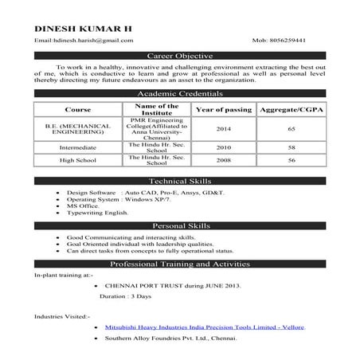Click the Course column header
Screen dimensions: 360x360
[78, 109]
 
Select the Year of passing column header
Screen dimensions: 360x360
[223, 109]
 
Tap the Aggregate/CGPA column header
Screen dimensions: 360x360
[291, 109]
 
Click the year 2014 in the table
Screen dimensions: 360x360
[223, 129]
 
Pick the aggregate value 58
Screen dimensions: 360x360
[291, 148]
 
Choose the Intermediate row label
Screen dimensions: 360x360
[78, 148]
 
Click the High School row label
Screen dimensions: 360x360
[78, 161]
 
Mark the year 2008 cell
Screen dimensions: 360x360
[223, 161]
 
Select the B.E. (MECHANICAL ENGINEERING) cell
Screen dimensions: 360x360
[78, 129]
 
